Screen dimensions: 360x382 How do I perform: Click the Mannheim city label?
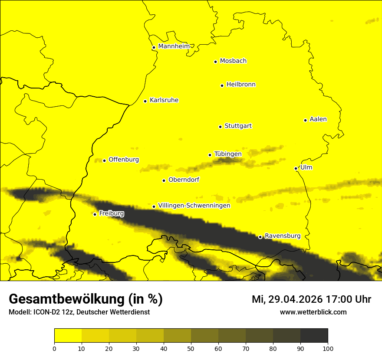pos(174,46)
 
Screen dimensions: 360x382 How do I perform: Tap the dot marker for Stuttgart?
pos(220,127)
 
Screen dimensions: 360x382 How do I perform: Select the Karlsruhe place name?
pos(164,100)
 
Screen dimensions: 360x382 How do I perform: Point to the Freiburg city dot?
pos(95,214)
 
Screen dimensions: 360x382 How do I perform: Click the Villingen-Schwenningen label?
pos(194,206)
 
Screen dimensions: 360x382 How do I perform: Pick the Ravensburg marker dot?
pos(260,237)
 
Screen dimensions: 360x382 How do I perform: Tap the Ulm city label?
pos(306,167)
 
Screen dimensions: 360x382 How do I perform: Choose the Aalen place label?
pos(318,119)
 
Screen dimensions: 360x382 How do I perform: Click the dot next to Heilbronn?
pos(222,85)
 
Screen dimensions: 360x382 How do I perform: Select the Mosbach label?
pos(233,61)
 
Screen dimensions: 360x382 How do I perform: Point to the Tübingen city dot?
pos(210,155)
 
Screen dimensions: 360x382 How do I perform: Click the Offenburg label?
pos(124,160)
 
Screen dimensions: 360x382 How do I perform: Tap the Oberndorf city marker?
pos(164,180)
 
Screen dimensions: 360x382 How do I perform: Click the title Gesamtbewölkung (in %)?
pos(86,299)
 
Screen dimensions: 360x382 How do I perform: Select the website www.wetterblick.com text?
pos(313,312)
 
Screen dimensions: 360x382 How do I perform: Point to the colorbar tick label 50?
pos(191,348)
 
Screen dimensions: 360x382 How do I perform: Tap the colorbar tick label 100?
pos(327,348)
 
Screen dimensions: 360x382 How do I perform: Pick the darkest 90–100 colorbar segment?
pos(314,336)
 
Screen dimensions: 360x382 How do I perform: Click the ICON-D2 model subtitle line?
pos(79,312)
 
